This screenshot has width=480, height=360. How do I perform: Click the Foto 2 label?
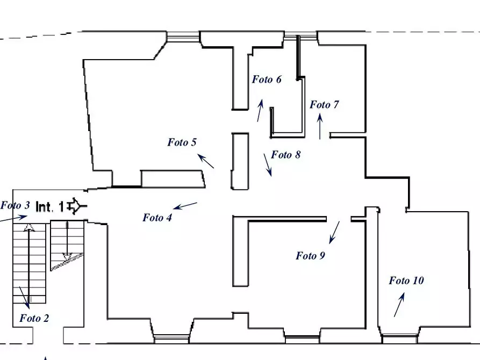[x=34, y=319]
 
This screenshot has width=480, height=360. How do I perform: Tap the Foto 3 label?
[x=15, y=205]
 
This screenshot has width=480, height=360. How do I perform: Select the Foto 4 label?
[x=157, y=218]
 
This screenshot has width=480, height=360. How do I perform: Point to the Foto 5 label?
[x=182, y=142]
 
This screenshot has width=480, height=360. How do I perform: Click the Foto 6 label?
[x=267, y=80]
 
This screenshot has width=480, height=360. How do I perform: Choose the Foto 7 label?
[x=324, y=105]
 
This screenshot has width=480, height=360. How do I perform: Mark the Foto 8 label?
[x=286, y=155]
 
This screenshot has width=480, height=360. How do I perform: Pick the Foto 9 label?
[x=310, y=256]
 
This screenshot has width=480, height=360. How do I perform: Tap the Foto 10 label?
[x=406, y=280]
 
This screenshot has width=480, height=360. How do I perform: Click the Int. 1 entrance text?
[x=50, y=207]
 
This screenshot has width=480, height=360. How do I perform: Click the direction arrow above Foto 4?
[x=185, y=206]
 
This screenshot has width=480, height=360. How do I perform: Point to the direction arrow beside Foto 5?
[x=206, y=161]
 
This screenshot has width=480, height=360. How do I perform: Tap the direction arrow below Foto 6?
[x=260, y=110]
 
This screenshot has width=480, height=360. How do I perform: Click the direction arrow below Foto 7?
[x=320, y=126]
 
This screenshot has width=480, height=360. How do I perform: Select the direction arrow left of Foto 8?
[x=268, y=165]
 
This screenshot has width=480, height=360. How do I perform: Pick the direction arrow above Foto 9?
[x=334, y=233]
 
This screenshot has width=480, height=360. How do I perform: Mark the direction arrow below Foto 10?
[x=399, y=305]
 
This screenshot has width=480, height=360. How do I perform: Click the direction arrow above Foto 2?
[x=25, y=298]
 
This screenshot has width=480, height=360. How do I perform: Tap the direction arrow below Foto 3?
[x=13, y=218]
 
